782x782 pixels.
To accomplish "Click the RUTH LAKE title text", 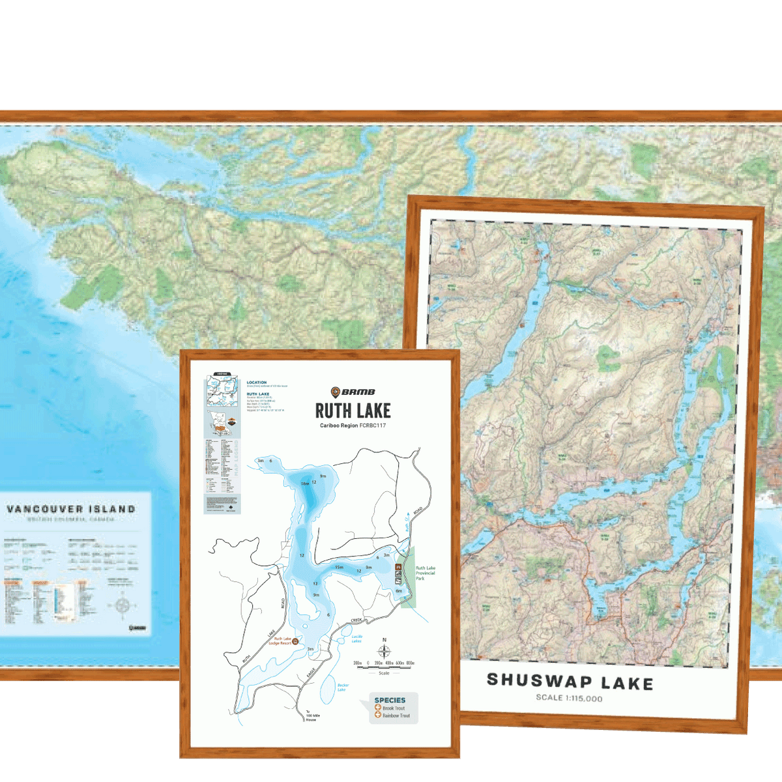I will click(353, 411).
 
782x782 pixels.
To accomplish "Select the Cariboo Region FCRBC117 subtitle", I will click(353, 426).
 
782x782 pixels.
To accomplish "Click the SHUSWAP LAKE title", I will click(570, 682).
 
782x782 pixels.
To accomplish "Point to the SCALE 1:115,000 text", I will click(569, 698).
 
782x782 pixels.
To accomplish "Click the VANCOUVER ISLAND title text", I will click(71, 509).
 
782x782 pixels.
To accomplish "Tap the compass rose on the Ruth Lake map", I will click(384, 650).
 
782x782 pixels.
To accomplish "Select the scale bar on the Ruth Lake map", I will click(384, 666).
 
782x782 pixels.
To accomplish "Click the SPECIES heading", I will click(390, 700).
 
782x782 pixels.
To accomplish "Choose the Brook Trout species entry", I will click(393, 708).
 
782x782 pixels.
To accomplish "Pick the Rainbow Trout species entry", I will click(396, 716).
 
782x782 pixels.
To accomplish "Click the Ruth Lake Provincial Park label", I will click(425, 573).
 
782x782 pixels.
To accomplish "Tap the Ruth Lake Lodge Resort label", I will click(282, 641).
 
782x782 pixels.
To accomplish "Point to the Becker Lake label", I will click(343, 687).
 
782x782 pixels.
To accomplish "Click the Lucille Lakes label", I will click(356, 639).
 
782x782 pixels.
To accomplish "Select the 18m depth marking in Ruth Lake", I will click(304, 484).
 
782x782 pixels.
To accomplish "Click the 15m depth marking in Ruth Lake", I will click(339, 567).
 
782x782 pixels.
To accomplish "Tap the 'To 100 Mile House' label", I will click(311, 716).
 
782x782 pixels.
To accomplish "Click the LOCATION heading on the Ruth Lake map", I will click(257, 383).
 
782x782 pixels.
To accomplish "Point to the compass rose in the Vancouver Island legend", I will click(123, 605).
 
